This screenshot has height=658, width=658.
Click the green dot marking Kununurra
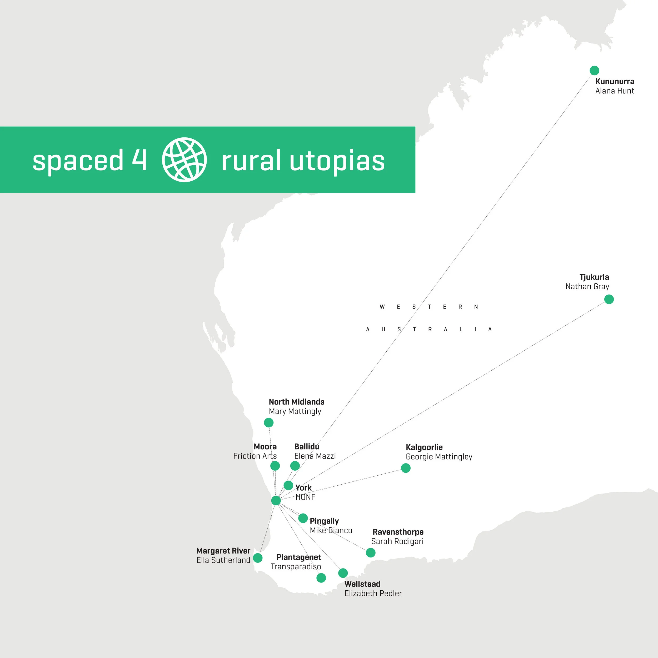coord(594,71)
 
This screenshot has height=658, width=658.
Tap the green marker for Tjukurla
coord(609,299)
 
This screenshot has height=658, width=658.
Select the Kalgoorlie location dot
coord(406,468)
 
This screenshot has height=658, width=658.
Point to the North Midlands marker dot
coord(269,423)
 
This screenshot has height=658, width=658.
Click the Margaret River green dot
coord(258,558)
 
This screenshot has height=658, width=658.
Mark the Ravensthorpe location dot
coord(371,552)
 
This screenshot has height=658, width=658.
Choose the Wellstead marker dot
coord(343,573)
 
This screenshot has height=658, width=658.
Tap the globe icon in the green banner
coord(184,160)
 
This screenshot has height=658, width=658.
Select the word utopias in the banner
coord(337,161)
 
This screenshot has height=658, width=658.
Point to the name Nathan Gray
coord(587,286)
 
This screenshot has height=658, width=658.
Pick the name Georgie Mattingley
coord(439,457)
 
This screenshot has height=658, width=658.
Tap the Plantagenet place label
coord(299,557)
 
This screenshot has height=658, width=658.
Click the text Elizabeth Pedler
coord(373,593)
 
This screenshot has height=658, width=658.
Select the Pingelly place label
coord(324,521)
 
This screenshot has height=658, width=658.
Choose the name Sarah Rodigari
coord(397,541)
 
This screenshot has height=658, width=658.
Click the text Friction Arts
coord(255,456)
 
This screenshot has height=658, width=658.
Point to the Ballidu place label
coord(307,446)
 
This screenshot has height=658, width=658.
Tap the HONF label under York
coord(305,497)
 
